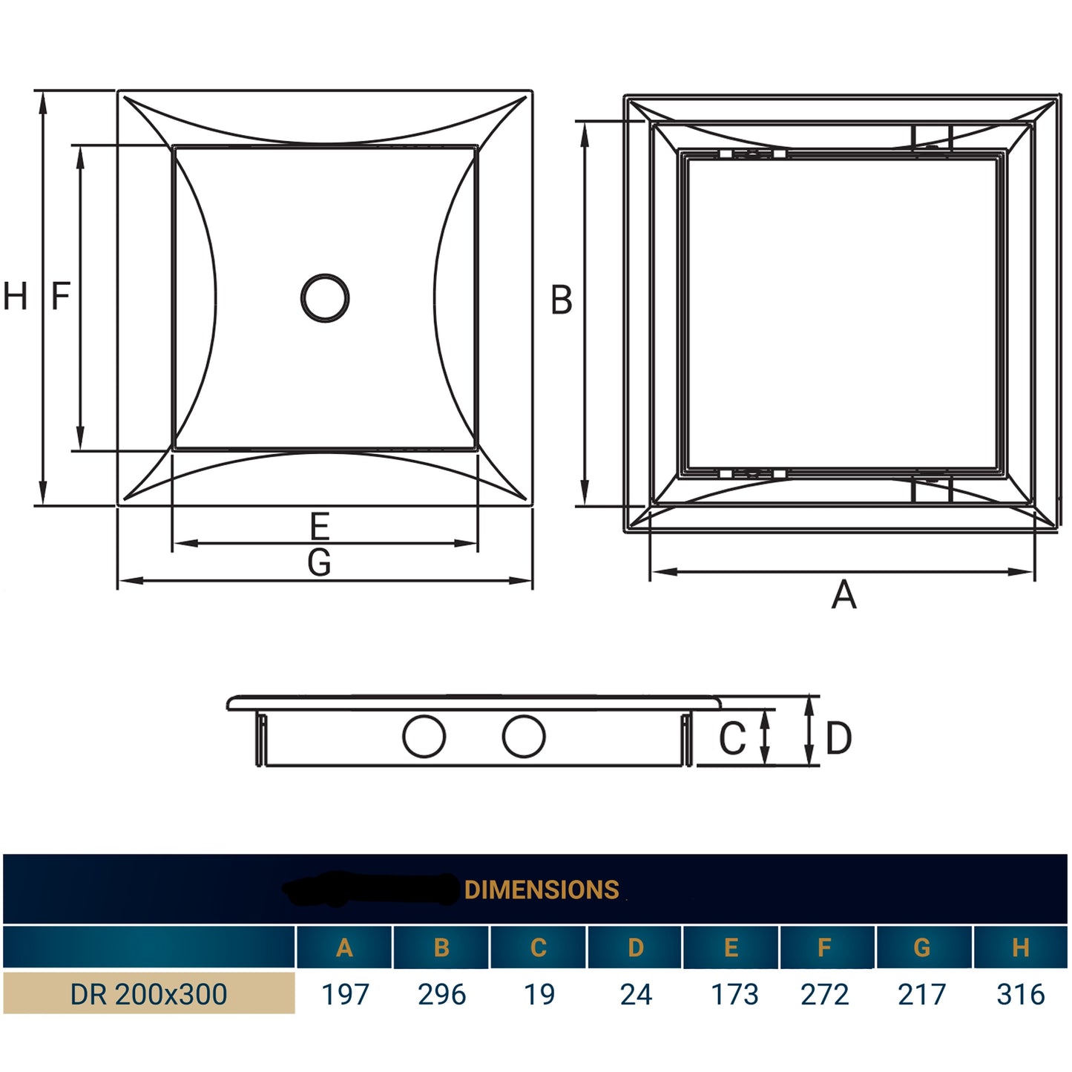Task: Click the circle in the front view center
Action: [325, 298]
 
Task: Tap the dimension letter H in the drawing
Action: [16, 297]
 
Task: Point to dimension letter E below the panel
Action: [319, 527]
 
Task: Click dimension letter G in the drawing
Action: [319, 563]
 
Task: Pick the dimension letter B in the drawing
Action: [562, 300]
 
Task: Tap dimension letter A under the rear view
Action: [844, 595]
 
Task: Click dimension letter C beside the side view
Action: [732, 738]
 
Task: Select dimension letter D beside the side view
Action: [838, 738]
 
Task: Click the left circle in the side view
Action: [424, 737]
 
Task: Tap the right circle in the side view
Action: [524, 737]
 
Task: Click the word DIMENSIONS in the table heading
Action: [542, 890]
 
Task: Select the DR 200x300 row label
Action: [148, 994]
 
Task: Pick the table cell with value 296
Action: [442, 994]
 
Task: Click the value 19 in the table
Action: [539, 994]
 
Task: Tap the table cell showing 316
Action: [1021, 994]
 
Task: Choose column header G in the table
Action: [922, 947]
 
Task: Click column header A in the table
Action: [344, 947]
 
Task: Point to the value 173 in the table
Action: [734, 994]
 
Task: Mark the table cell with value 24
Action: [636, 994]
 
